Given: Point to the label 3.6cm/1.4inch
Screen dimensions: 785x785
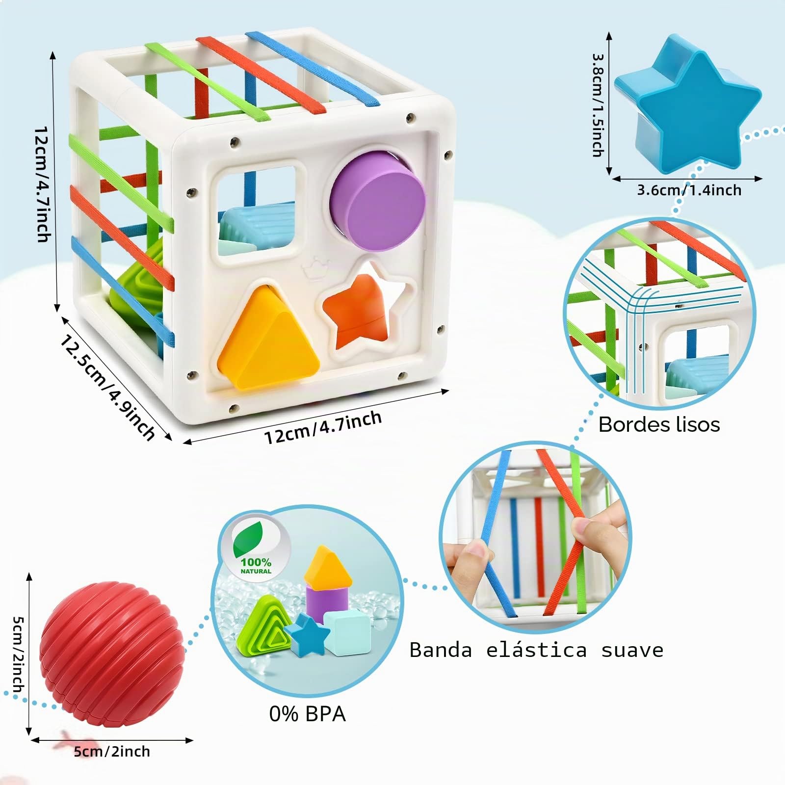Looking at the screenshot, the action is tap(689, 190).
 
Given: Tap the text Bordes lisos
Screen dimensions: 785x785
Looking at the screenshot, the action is tap(659, 424).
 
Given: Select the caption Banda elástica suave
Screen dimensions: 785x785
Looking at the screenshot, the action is tap(536, 650).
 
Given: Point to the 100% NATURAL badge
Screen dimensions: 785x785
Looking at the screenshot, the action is tap(256, 547).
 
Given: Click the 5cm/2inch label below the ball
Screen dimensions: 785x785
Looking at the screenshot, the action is tap(112, 752).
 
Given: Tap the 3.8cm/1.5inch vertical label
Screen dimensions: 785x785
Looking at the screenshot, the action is tap(598, 105).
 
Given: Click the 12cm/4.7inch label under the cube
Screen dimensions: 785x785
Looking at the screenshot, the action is tap(323, 426).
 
